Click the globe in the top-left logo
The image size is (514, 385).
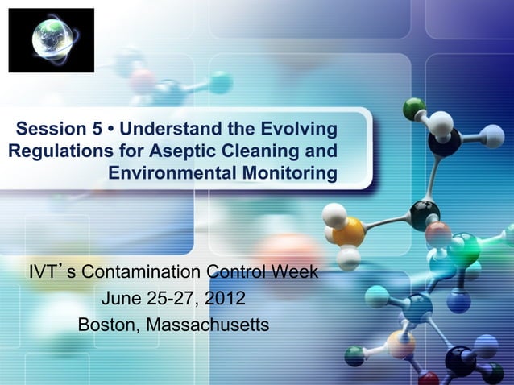pos(50,39)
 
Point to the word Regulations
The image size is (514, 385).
pos(60,151)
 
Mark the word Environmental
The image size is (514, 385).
pos(172,174)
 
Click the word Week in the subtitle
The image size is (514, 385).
pos(291,270)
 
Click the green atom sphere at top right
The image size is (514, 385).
pos(415,107)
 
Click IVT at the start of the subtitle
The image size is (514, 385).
pos(44,270)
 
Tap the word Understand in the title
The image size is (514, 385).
pos(186,129)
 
